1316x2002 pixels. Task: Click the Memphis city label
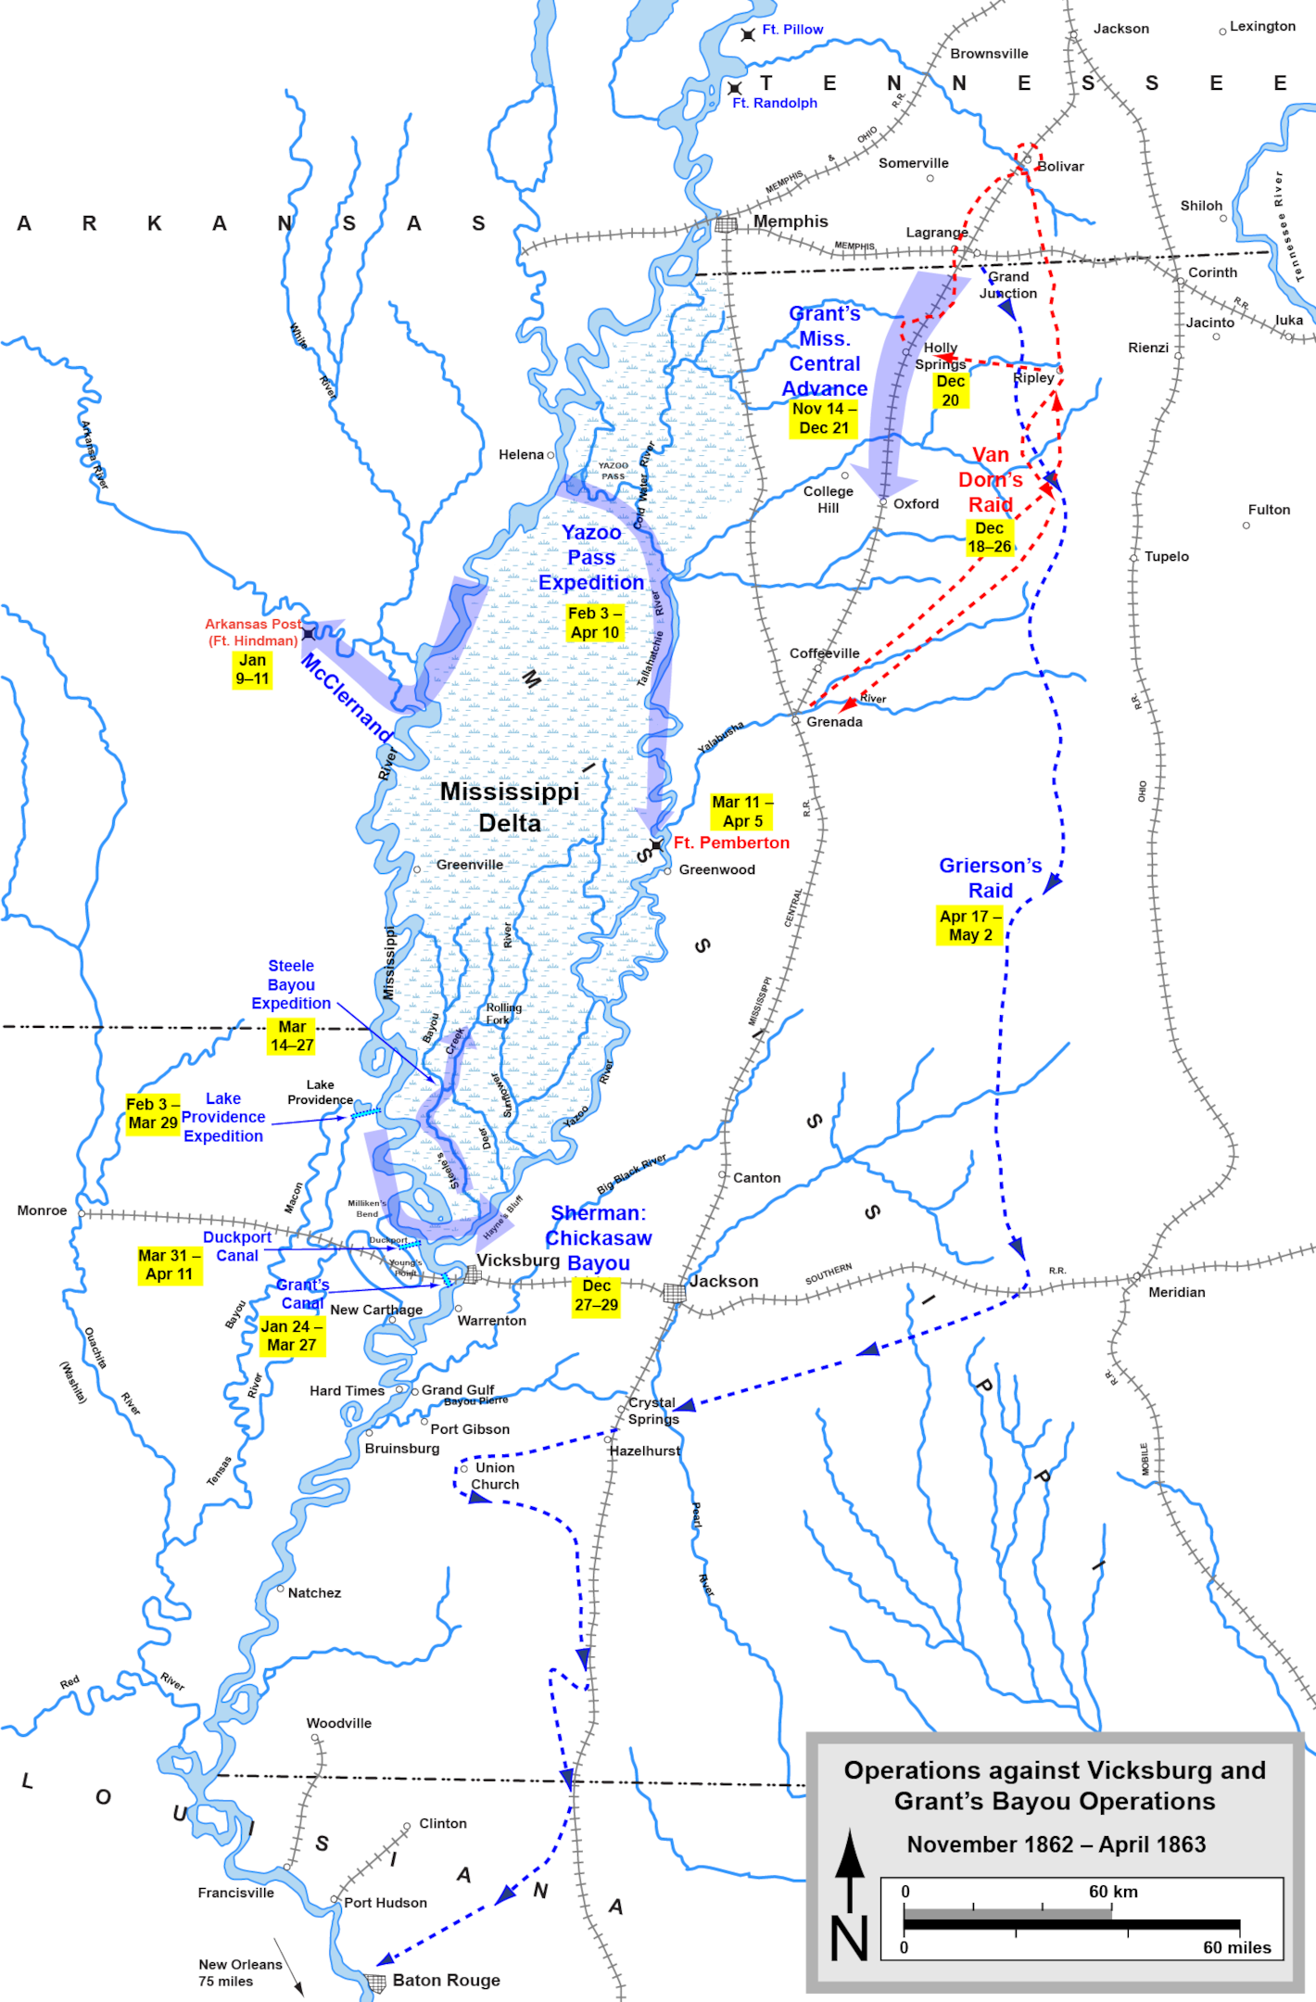(x=790, y=222)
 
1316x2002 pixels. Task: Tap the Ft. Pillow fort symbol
(x=748, y=34)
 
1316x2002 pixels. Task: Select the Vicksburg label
(x=517, y=1261)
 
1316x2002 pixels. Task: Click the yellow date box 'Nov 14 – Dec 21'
(x=824, y=418)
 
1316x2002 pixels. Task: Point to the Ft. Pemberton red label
(x=731, y=843)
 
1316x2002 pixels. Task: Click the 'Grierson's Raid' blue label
(x=990, y=878)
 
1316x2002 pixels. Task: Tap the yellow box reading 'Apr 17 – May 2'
(x=969, y=926)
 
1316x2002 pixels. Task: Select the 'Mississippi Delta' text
(x=510, y=807)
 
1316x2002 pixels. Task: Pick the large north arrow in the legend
(x=850, y=1872)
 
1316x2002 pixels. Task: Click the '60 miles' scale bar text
(x=1236, y=1947)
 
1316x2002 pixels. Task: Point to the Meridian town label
(x=1176, y=1292)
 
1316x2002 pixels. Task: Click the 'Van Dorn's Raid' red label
(x=990, y=480)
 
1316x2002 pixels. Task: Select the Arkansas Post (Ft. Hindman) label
(x=252, y=632)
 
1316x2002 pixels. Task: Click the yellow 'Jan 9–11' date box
(x=252, y=669)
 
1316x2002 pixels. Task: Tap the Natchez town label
(x=314, y=1592)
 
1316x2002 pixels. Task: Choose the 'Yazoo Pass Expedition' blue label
(x=591, y=557)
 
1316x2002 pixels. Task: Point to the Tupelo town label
(x=1166, y=556)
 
